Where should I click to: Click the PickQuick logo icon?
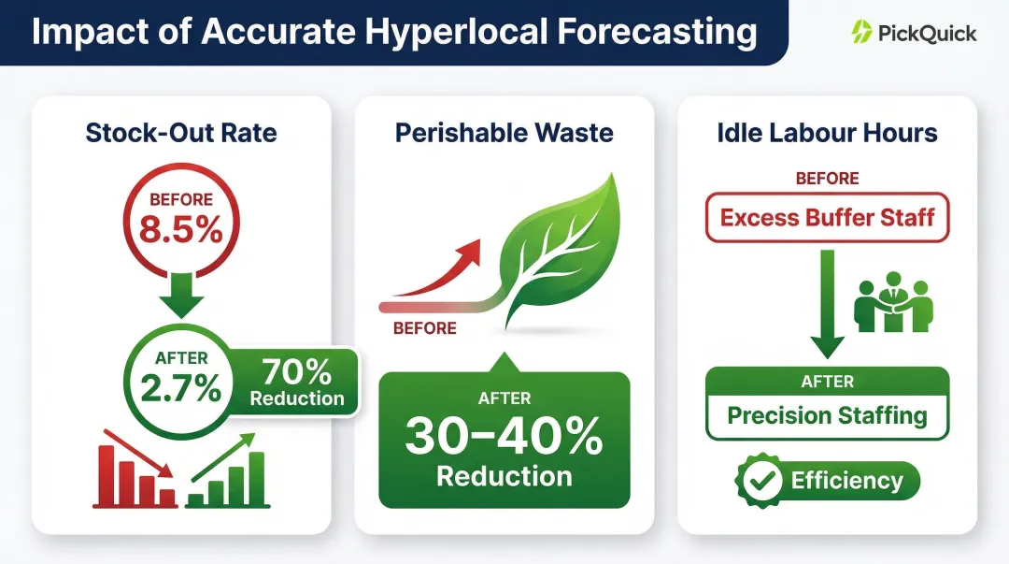click(861, 33)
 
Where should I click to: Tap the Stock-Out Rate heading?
click(181, 133)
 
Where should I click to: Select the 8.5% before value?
click(182, 230)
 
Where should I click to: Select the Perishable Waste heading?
click(504, 133)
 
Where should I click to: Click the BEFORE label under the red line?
click(424, 328)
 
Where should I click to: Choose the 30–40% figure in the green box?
click(504, 436)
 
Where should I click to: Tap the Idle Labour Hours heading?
click(827, 133)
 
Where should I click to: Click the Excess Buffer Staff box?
click(827, 218)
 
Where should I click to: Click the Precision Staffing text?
click(827, 415)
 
